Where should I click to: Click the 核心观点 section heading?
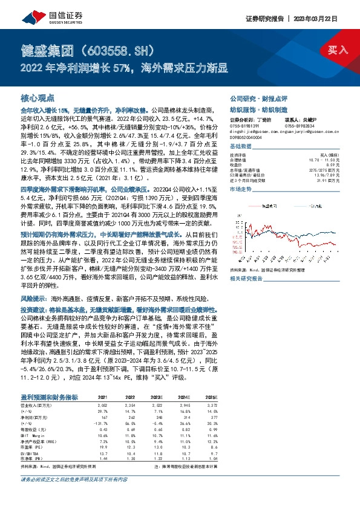click(38, 97)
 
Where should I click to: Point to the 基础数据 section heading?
click(241, 147)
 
